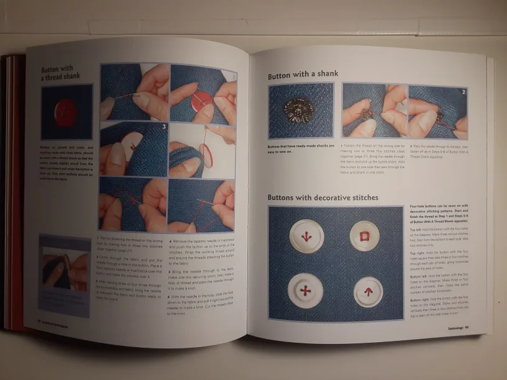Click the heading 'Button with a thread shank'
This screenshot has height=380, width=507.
click(60, 73)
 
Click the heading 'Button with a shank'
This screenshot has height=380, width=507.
click(303, 75)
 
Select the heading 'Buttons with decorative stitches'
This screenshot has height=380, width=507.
click(322, 198)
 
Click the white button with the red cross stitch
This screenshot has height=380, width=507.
click(306, 291)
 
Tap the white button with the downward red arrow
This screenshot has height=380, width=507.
click(306, 236)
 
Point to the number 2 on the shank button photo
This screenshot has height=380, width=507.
click(463, 91)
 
